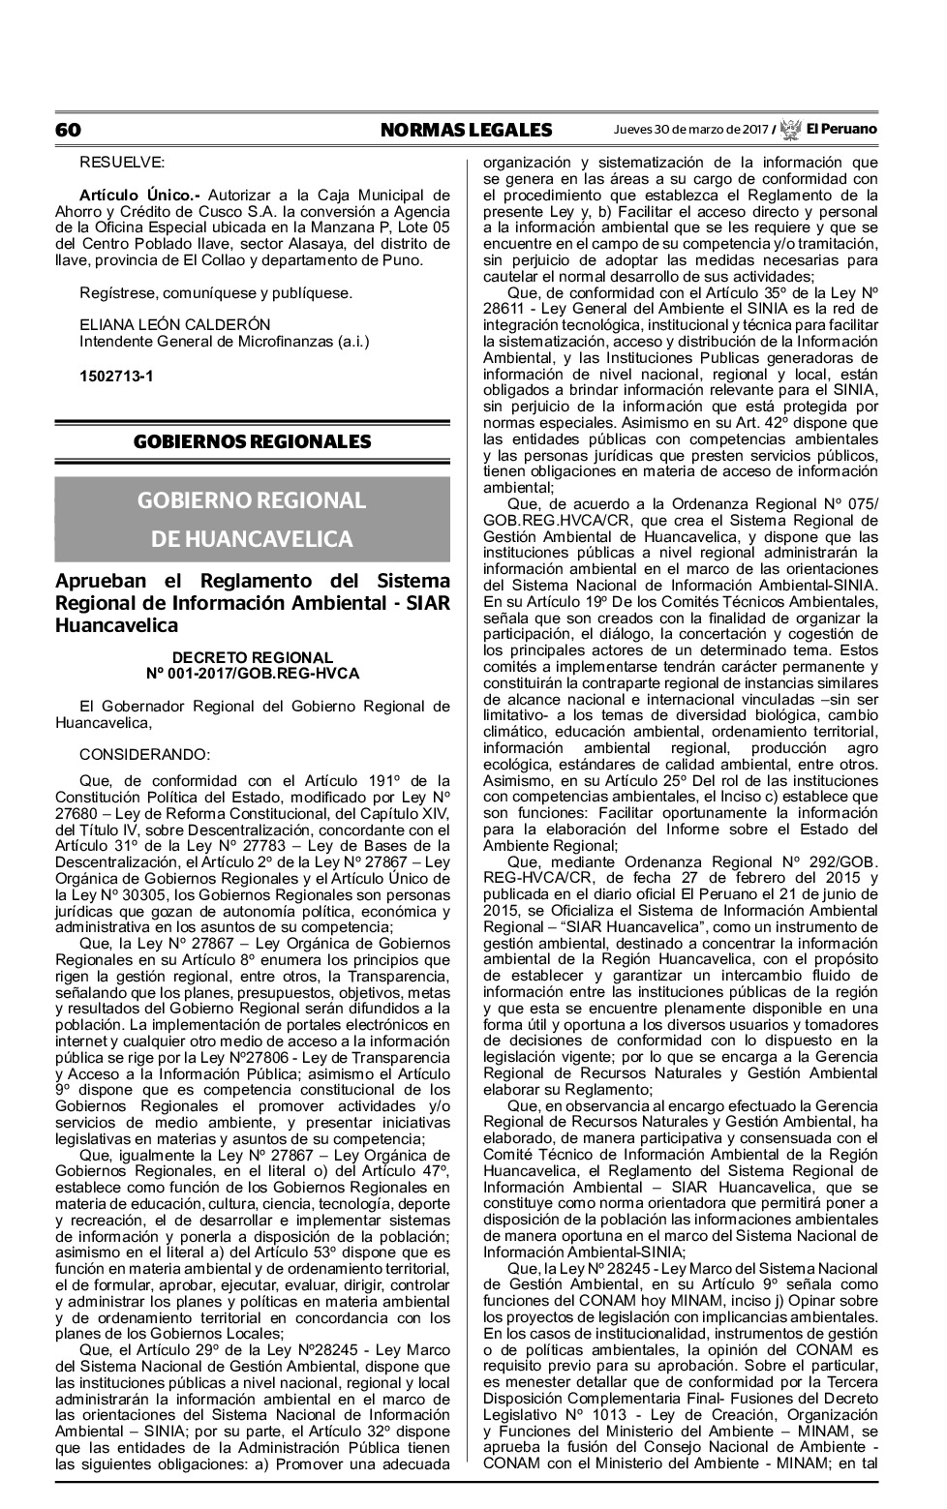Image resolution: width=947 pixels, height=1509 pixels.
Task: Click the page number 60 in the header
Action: point(68,130)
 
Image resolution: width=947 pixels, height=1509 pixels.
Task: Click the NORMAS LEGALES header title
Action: point(466,130)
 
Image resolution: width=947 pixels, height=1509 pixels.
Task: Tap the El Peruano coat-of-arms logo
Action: point(791,129)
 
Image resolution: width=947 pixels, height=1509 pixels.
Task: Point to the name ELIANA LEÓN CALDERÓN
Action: point(174,324)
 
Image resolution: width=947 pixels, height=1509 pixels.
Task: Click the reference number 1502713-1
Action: point(116,376)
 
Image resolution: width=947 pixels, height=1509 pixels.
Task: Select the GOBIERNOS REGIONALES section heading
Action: point(252,442)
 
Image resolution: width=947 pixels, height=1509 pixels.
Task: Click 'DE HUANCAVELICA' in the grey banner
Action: point(252,538)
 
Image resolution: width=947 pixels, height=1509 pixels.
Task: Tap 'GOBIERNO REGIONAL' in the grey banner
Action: point(252,500)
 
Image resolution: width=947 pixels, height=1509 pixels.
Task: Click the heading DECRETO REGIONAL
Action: point(252,658)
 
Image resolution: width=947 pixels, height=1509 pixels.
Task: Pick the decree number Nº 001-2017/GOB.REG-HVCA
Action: point(252,673)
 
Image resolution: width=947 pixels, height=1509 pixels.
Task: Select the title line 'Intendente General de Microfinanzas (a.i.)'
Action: point(224,341)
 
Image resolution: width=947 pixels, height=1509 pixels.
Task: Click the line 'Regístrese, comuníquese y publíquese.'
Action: point(216,292)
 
